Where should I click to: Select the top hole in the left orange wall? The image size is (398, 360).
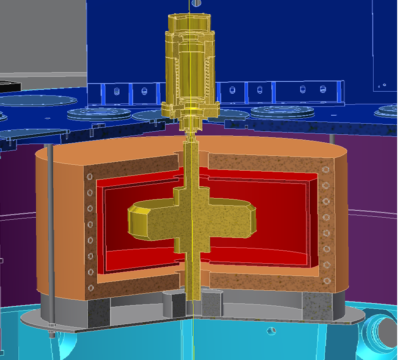pos(90,177)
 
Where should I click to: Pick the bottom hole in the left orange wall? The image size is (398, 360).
pos(91,288)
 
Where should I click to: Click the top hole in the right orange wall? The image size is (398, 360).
pos(326,169)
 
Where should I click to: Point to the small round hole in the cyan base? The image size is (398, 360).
pos(271,331)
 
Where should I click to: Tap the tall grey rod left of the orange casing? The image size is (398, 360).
pos(50,224)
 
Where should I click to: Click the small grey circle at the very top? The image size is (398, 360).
pos(196,3)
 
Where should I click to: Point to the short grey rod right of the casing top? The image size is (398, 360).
pos(332,139)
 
